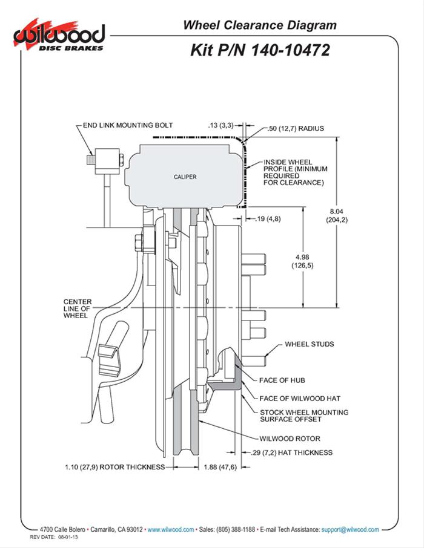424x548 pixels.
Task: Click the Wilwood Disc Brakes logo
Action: click(x=59, y=36)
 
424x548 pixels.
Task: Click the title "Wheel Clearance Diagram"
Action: click(x=260, y=25)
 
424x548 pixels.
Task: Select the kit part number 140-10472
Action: click(x=260, y=50)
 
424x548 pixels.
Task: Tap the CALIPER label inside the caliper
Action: click(x=184, y=177)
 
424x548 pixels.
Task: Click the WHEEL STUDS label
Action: click(x=309, y=344)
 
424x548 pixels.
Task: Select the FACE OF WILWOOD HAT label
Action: click(x=299, y=398)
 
